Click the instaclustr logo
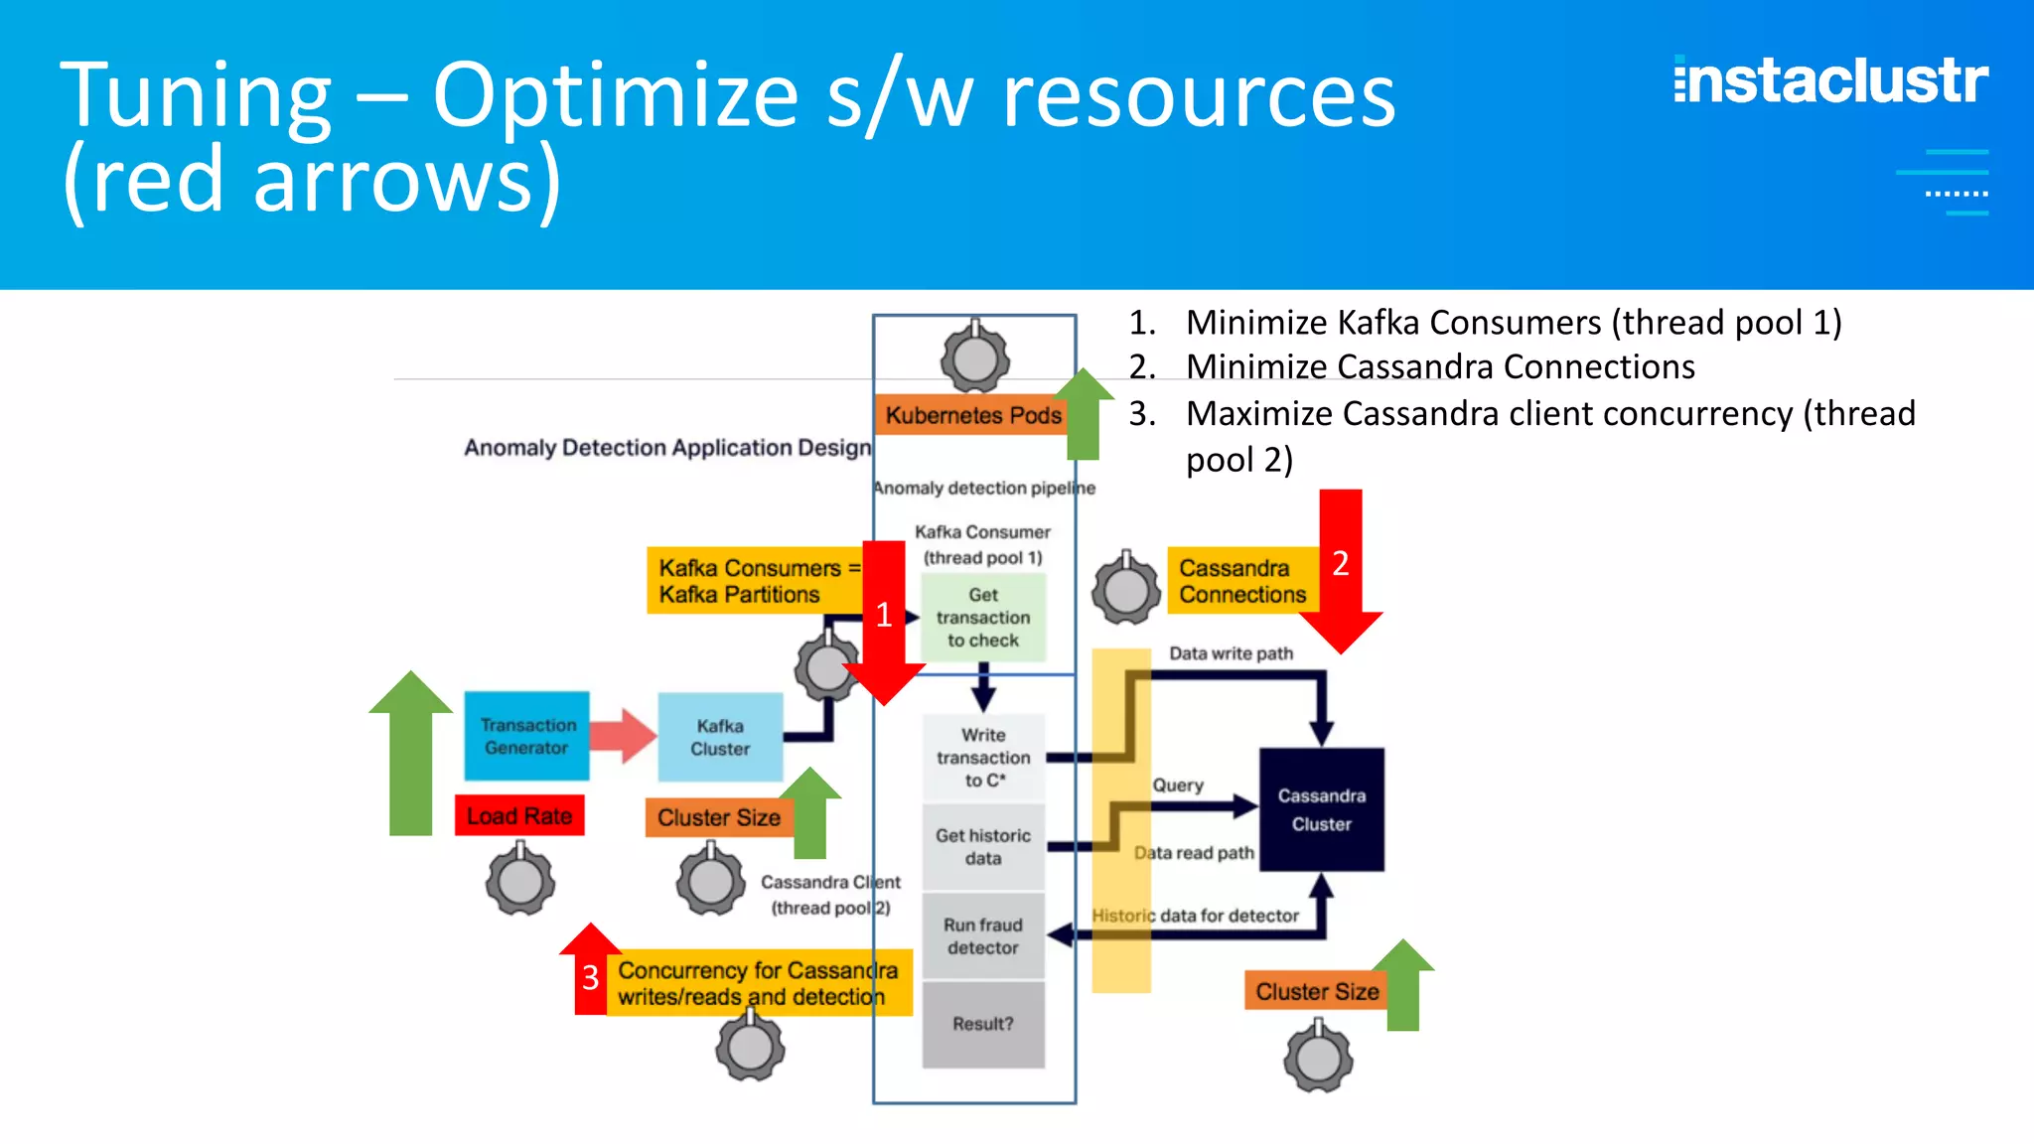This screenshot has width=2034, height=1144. pos(1830,81)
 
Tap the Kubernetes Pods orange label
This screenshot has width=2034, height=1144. pos(972,415)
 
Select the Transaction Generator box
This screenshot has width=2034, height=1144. pos(526,736)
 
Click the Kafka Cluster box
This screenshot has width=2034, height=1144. pos(720,737)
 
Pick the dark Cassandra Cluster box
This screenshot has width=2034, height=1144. pos(1321,809)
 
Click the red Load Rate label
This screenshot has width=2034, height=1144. pos(519,816)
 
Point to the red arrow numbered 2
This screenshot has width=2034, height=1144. pos(1341,566)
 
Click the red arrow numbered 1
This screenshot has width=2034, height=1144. pos(884,621)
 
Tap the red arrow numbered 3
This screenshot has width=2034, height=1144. pos(591,973)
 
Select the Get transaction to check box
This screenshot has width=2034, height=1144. pos(982,618)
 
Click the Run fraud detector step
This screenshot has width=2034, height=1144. pos(982,935)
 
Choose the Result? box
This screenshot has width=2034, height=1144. pos(982,1024)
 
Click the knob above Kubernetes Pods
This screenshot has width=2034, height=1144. pos(975,357)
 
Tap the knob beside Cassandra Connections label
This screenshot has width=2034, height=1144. pos(1126,589)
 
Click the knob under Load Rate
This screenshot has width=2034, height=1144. pos(520,880)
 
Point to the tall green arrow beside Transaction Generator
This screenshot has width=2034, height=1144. pos(410,755)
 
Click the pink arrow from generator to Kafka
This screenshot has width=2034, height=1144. pos(624,736)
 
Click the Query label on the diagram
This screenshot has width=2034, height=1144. pos(1178,786)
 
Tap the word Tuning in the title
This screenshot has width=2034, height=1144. pos(196,96)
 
